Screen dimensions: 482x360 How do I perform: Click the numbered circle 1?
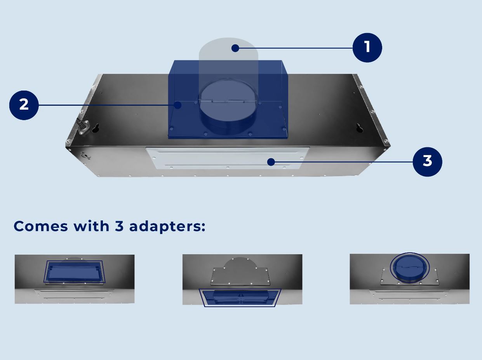(367, 48)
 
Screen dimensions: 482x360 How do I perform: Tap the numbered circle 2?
(24, 105)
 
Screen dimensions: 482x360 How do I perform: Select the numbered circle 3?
(427, 162)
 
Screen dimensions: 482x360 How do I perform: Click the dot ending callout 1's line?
(235, 48)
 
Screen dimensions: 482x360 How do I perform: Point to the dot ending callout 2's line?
(177, 105)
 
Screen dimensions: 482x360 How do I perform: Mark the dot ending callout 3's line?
(271, 162)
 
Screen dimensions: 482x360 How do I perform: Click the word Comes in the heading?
(41, 226)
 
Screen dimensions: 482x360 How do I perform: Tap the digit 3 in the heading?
(119, 226)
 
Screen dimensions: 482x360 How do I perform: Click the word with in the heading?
(91, 226)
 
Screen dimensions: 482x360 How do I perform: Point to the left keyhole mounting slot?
(96, 128)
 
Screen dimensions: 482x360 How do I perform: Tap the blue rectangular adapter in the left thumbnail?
(75, 272)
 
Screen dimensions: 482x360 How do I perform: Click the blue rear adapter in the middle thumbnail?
(240, 297)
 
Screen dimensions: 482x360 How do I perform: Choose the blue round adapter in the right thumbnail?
(410, 267)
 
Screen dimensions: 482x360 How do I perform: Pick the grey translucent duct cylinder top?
(228, 49)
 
